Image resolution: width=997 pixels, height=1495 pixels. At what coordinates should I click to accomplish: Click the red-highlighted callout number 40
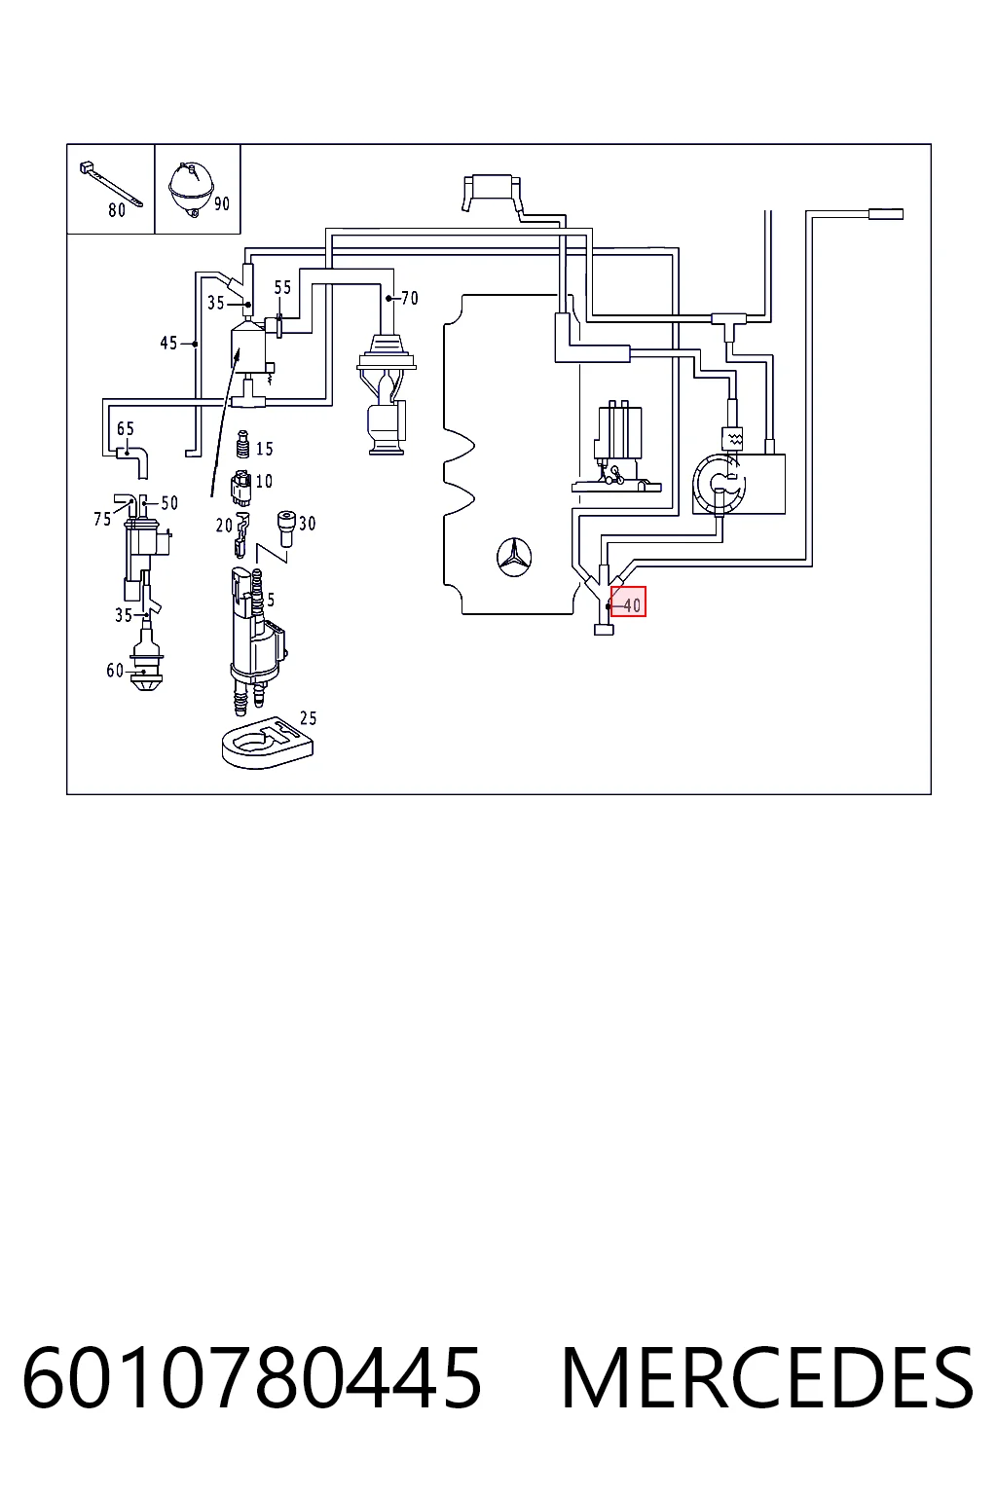[632, 605]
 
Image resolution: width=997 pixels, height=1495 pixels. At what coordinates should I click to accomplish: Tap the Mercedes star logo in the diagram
[514, 556]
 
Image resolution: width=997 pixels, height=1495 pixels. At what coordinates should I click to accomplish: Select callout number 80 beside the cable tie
[117, 210]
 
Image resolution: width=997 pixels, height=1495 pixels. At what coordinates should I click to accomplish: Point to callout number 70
[409, 298]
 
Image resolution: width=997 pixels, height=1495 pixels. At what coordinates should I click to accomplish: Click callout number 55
[282, 287]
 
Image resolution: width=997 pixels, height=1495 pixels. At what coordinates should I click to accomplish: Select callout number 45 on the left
[169, 343]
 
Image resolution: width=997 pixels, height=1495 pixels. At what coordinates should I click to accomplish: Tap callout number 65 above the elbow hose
[126, 428]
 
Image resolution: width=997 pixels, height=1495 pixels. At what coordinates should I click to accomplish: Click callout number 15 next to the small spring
[265, 449]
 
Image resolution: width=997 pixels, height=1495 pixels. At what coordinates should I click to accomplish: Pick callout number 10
[264, 481]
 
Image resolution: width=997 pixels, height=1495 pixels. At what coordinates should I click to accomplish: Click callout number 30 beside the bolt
[307, 524]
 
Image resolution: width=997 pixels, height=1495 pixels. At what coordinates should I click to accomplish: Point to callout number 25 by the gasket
[308, 718]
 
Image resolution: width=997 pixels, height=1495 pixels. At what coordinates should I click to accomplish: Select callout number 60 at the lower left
[115, 670]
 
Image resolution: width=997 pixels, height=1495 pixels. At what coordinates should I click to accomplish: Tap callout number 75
[102, 519]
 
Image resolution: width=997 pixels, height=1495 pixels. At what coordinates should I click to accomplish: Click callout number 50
[169, 503]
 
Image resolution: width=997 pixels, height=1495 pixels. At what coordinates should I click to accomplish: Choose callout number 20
[224, 526]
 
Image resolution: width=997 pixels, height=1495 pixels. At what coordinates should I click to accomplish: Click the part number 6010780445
[252, 1377]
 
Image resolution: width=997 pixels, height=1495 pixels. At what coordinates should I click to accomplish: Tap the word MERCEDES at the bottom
[767, 1377]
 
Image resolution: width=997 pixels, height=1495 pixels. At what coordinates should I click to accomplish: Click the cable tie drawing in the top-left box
[111, 184]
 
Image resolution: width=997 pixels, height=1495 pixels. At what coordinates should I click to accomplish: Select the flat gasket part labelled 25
[267, 743]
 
